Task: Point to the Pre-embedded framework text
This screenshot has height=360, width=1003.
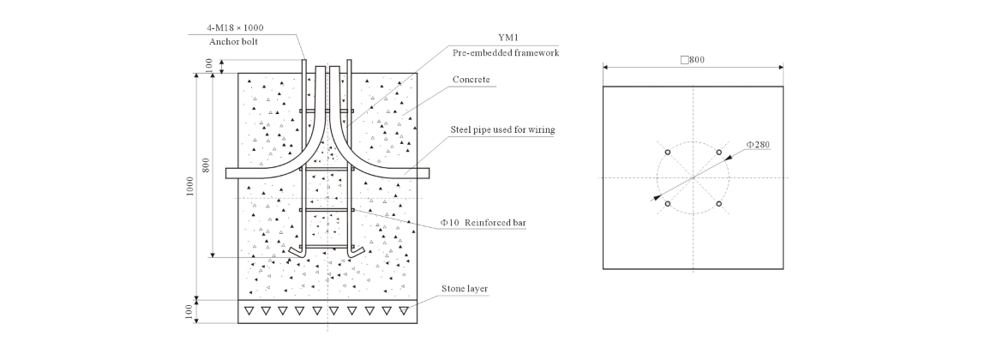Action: pos(506,52)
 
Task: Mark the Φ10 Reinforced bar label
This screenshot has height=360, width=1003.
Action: pos(483,222)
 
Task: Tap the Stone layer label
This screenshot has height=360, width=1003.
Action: pos(465,288)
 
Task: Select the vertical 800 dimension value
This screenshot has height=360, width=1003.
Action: pos(206,165)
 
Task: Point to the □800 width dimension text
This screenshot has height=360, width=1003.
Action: pos(692,60)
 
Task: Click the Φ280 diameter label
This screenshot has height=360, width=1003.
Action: pos(759,145)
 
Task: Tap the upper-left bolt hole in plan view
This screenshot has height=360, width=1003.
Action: pos(667,153)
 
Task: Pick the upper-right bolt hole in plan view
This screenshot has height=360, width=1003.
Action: pos(718,153)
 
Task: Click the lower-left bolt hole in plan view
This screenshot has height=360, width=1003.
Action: pos(667,203)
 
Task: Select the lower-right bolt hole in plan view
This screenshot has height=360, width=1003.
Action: pos(718,203)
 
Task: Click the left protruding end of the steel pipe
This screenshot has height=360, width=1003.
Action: pos(231,173)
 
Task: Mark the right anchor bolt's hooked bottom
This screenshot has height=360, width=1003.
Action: pos(357,251)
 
